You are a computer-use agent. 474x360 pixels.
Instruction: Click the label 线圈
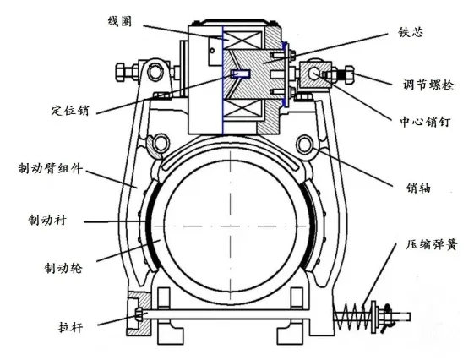coord(120,21)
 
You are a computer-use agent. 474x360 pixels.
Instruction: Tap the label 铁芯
coord(411,32)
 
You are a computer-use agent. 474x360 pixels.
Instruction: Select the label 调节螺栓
coord(428,85)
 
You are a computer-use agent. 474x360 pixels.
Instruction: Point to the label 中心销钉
coord(425,123)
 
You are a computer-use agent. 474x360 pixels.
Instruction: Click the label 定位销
coord(70,111)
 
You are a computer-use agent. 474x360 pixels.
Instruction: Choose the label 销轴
coord(417,188)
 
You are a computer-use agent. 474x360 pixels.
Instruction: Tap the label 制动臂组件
coord(51,169)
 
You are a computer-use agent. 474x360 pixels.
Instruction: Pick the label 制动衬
coord(47,220)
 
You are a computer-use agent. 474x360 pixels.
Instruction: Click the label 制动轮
coord(63,268)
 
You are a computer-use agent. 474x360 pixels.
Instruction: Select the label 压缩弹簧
coord(432,244)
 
